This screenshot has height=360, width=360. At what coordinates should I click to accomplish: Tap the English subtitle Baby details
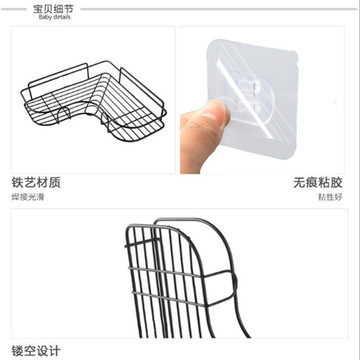coord(55,17)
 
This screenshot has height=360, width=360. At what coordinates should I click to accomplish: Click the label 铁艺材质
coord(36,183)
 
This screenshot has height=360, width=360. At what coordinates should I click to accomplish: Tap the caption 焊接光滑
coord(27,197)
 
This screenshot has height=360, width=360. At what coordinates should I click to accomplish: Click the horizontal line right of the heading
coord(216,9)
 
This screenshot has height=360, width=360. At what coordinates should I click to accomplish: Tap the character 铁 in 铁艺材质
coord(18,183)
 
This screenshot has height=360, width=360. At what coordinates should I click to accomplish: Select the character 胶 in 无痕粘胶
coord(341,183)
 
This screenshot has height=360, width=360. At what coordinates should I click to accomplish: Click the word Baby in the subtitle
coord(45,17)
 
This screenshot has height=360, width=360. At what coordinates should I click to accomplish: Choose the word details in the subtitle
coord(62,17)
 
